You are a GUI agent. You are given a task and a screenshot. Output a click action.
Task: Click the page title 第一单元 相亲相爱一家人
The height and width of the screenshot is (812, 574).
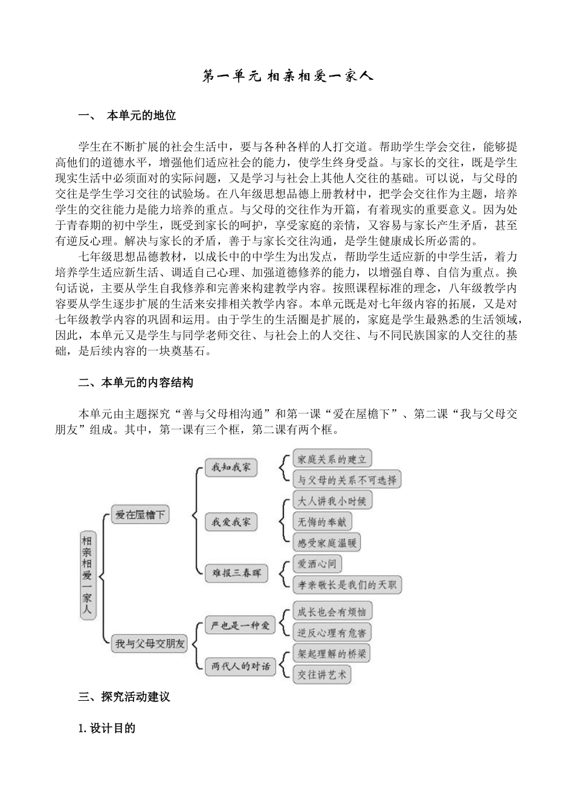coord(287,76)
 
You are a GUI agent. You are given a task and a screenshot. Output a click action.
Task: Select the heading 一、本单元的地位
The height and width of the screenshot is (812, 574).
coord(127,115)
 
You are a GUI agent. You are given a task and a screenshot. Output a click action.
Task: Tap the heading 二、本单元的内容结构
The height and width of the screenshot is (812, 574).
coord(136,382)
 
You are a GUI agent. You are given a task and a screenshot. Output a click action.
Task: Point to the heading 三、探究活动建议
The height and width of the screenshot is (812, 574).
coord(124,697)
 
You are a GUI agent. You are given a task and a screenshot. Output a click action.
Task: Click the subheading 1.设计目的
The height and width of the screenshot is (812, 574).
coord(107,728)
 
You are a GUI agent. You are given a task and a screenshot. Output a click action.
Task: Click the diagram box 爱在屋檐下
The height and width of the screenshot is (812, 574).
coord(140,515)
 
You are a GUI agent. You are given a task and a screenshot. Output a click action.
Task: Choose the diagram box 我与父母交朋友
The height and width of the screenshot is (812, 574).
coord(150,643)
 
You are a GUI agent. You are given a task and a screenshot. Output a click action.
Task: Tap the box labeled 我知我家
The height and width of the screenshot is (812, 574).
coord(231,467)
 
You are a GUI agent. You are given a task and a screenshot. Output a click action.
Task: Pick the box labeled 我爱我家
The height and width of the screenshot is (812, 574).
coord(231,521)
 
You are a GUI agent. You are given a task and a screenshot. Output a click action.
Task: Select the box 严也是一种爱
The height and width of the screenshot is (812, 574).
coord(239,625)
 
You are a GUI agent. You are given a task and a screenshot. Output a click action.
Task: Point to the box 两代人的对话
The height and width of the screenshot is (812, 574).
coord(240,666)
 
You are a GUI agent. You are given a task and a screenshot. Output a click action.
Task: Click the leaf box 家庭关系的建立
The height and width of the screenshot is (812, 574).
coord(332,459)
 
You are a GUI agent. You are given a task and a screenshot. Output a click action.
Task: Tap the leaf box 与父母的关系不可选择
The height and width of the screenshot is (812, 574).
coord(347,480)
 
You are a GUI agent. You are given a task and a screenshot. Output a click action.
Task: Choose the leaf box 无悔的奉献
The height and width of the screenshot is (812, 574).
coord(322,521)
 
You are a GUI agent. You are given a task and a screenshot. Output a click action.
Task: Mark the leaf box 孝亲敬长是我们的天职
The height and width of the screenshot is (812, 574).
coord(347,584)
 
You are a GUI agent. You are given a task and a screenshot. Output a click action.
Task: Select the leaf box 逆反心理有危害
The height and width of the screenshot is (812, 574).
coord(332,632)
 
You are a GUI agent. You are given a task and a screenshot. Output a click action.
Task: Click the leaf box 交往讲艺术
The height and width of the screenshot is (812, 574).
coord(322,674)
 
